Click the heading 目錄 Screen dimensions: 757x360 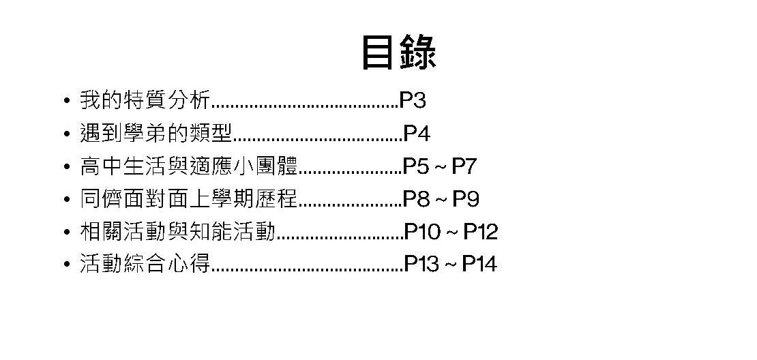pyautogui.click(x=398, y=52)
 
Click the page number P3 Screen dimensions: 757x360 pyautogui.click(x=413, y=101)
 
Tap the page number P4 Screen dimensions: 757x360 pyautogui.click(x=417, y=134)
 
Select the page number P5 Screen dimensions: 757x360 pyautogui.click(x=416, y=166)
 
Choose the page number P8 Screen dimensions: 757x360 pyautogui.click(x=416, y=199)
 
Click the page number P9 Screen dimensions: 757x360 pyautogui.click(x=466, y=199)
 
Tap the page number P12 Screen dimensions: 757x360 pyautogui.click(x=481, y=232)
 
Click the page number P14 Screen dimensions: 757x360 pyautogui.click(x=479, y=264)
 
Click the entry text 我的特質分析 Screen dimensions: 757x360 pyautogui.click(x=145, y=101)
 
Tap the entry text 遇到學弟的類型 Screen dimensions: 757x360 pyautogui.click(x=156, y=134)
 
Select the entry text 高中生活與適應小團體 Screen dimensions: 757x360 pyautogui.click(x=189, y=166)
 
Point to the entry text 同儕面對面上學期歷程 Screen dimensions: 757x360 pyautogui.click(x=189, y=199)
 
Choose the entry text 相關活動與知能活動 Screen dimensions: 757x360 pyautogui.click(x=177, y=232)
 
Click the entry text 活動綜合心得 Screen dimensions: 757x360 pyautogui.click(x=145, y=264)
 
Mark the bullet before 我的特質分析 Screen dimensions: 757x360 pyautogui.click(x=66, y=102)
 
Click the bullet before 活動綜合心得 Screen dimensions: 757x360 pyautogui.click(x=66, y=265)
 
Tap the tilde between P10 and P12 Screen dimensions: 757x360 pyautogui.click(x=451, y=232)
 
